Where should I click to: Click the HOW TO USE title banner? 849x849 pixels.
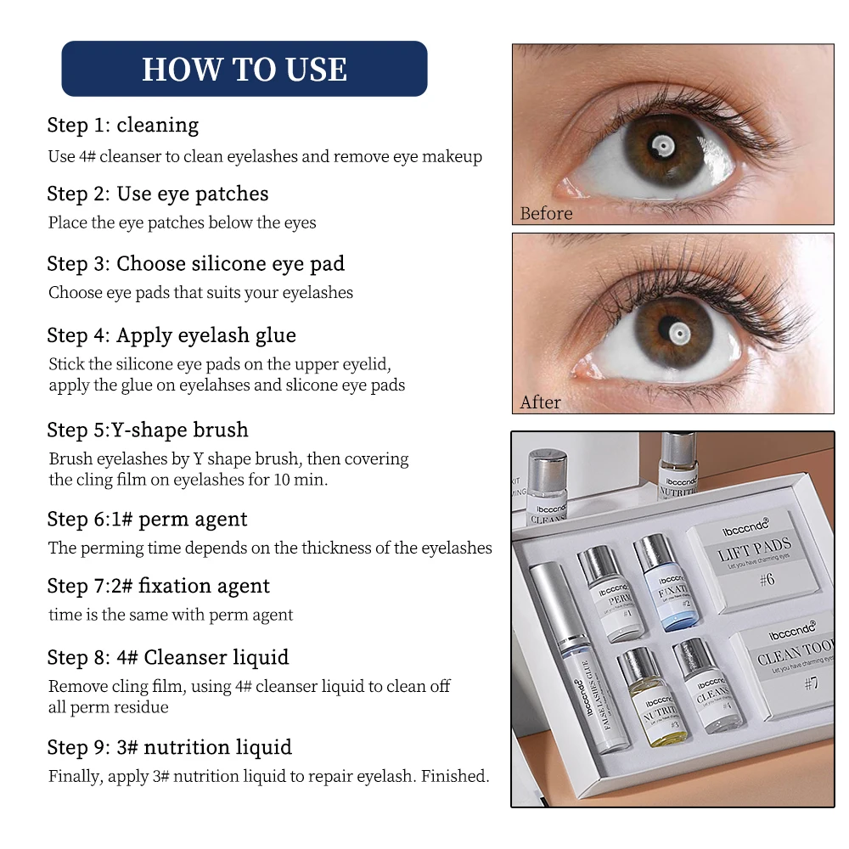(x=245, y=69)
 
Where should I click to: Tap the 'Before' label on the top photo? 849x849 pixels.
(x=546, y=213)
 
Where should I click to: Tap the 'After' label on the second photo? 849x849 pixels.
(x=540, y=402)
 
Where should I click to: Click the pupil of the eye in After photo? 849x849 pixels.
(x=677, y=333)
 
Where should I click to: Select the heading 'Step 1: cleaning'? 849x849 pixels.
(x=123, y=125)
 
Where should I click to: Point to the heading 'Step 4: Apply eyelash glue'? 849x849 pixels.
(x=171, y=335)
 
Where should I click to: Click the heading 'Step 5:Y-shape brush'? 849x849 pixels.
(x=148, y=430)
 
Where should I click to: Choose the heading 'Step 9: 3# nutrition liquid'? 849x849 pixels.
(x=170, y=747)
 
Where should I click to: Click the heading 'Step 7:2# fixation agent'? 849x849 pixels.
(x=159, y=586)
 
